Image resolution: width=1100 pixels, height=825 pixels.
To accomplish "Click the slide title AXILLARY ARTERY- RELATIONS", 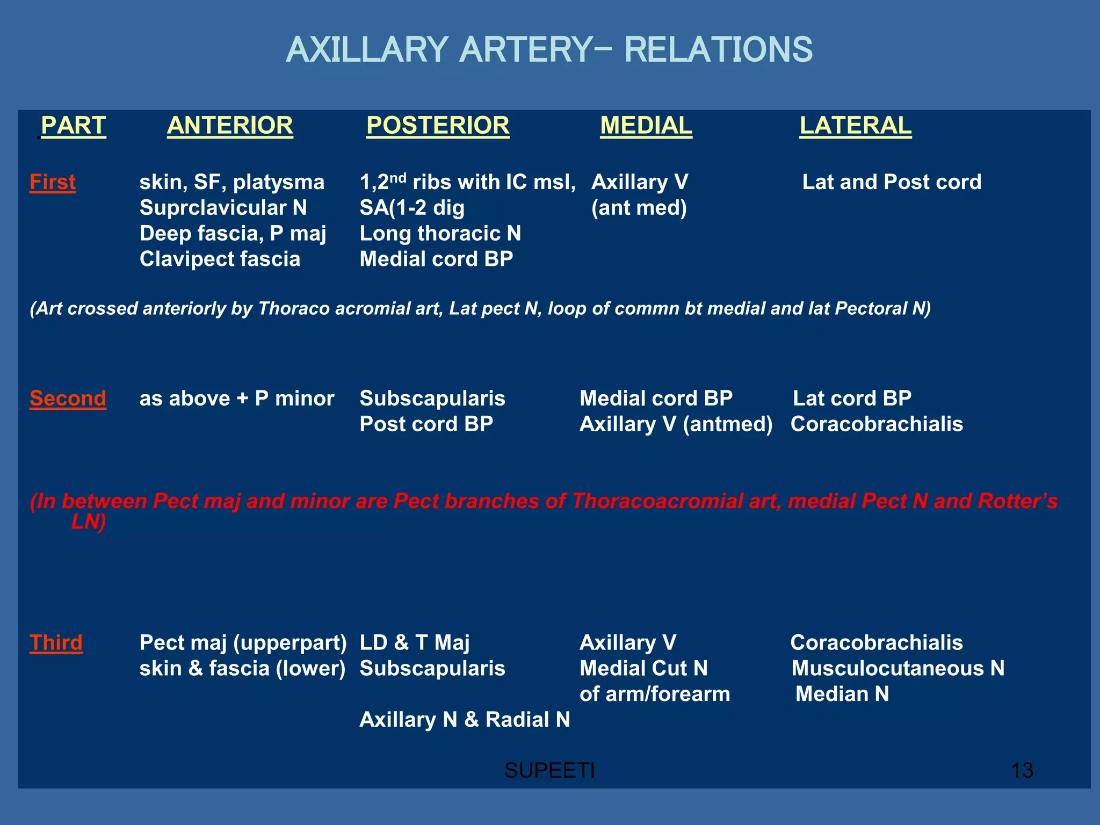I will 549,50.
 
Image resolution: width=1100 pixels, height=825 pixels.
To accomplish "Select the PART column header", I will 73,126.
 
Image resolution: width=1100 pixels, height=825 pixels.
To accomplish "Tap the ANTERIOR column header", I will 230,126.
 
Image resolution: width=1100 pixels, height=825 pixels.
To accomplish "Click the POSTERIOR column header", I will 438,126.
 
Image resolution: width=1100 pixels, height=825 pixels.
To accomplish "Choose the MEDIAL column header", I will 646,126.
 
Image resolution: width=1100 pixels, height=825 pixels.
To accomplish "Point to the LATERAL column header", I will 855,126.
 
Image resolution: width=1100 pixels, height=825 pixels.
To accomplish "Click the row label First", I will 53,182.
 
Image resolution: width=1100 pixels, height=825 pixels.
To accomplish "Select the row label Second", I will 68,399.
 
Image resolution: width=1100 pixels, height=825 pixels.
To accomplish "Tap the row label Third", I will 56,643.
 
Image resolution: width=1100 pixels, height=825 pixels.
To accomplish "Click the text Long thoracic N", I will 440,234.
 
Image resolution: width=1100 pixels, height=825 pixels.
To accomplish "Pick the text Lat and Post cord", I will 892,182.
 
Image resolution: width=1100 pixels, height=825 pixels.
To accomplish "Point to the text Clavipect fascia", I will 220,259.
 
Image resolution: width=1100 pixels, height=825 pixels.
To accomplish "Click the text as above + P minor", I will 237,399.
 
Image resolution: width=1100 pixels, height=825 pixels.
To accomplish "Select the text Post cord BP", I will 426,424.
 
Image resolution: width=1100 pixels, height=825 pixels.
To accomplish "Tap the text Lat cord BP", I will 852,399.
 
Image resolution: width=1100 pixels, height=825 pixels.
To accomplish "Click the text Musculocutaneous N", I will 898,669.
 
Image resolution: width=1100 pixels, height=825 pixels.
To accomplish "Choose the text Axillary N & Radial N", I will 465,720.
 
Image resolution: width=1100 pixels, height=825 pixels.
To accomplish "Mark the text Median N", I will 842,694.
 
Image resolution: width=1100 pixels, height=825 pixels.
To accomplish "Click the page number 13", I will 1022,771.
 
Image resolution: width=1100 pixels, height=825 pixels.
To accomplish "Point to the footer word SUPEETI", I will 549,771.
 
